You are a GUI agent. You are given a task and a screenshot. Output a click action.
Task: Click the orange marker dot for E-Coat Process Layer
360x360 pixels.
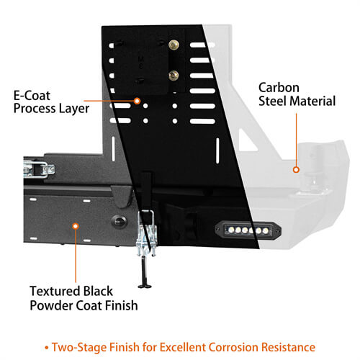[137, 101]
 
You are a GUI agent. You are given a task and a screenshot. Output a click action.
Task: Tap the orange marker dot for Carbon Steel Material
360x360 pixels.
[296, 170]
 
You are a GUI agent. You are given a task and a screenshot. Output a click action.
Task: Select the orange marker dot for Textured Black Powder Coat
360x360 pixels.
[76, 226]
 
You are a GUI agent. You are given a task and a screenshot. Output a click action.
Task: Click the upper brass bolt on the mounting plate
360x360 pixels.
[174, 45]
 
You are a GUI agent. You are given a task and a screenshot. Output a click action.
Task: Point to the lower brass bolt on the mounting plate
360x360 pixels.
[174, 76]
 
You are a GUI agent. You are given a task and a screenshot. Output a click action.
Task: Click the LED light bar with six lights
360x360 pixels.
[248, 230]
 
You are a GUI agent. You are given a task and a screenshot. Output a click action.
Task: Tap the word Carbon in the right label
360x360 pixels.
[279, 88]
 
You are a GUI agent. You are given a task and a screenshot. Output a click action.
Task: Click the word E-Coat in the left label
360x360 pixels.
[32, 96]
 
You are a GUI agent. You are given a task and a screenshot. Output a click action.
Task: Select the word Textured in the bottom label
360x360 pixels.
[55, 291]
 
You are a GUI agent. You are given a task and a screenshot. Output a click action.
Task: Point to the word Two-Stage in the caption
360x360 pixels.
[80, 347]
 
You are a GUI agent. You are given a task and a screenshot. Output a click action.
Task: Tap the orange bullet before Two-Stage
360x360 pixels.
[47, 348]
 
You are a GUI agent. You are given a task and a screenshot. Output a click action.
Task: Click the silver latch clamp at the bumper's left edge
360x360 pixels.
[39, 169]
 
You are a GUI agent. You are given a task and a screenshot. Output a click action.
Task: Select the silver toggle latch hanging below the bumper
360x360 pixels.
[146, 233]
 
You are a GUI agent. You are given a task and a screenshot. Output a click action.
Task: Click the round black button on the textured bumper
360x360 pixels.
[119, 222]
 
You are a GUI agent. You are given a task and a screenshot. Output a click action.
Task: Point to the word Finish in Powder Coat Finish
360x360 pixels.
[122, 305]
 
